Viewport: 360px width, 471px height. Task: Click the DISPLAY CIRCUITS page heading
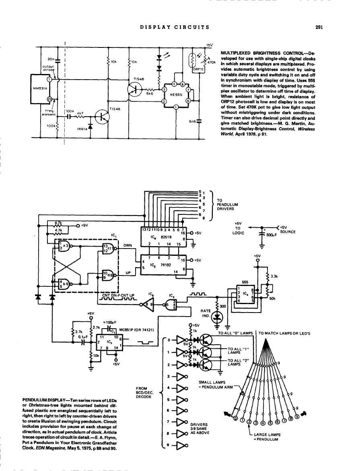pyautogui.click(x=174, y=27)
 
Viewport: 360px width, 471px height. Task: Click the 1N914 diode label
pyautogui.click(x=82, y=130)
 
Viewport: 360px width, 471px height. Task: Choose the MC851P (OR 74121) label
pyautogui.click(x=139, y=331)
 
